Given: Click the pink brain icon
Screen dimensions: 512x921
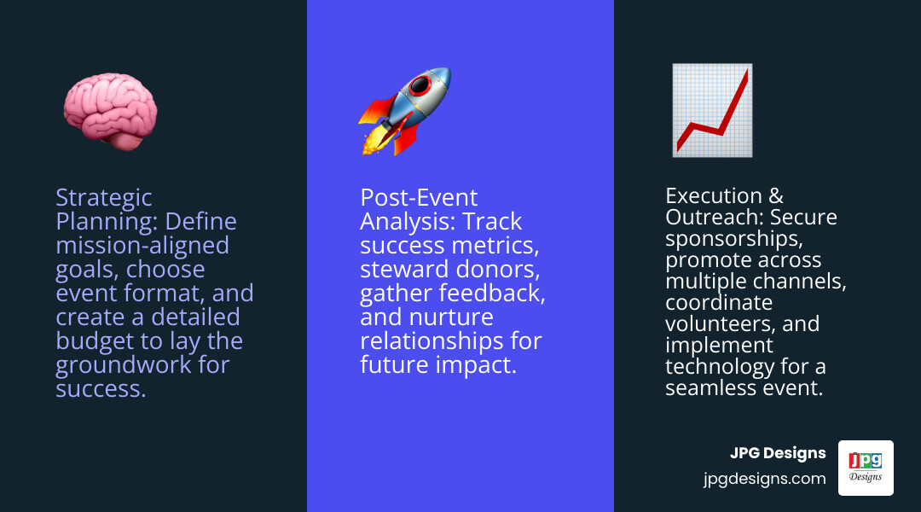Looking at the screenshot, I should tap(110, 112).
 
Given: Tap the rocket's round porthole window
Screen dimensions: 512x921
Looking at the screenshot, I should tap(420, 85).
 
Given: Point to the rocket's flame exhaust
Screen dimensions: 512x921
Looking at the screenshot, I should tap(373, 142).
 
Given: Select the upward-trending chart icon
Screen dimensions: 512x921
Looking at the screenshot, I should tap(711, 110).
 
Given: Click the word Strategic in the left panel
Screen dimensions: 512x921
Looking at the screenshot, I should tap(104, 198).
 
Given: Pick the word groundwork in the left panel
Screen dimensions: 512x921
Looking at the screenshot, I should tap(119, 365).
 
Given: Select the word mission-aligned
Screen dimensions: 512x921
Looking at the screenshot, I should tap(142, 246).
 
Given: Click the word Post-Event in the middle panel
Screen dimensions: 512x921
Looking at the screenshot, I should tap(419, 198).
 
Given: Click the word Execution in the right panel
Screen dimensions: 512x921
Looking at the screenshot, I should tap(713, 196).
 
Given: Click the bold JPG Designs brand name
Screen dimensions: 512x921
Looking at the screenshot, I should tap(778, 453).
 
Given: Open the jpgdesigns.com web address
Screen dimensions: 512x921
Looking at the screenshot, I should tap(765, 479).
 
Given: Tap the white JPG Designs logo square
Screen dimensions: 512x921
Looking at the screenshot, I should tap(866, 468).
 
